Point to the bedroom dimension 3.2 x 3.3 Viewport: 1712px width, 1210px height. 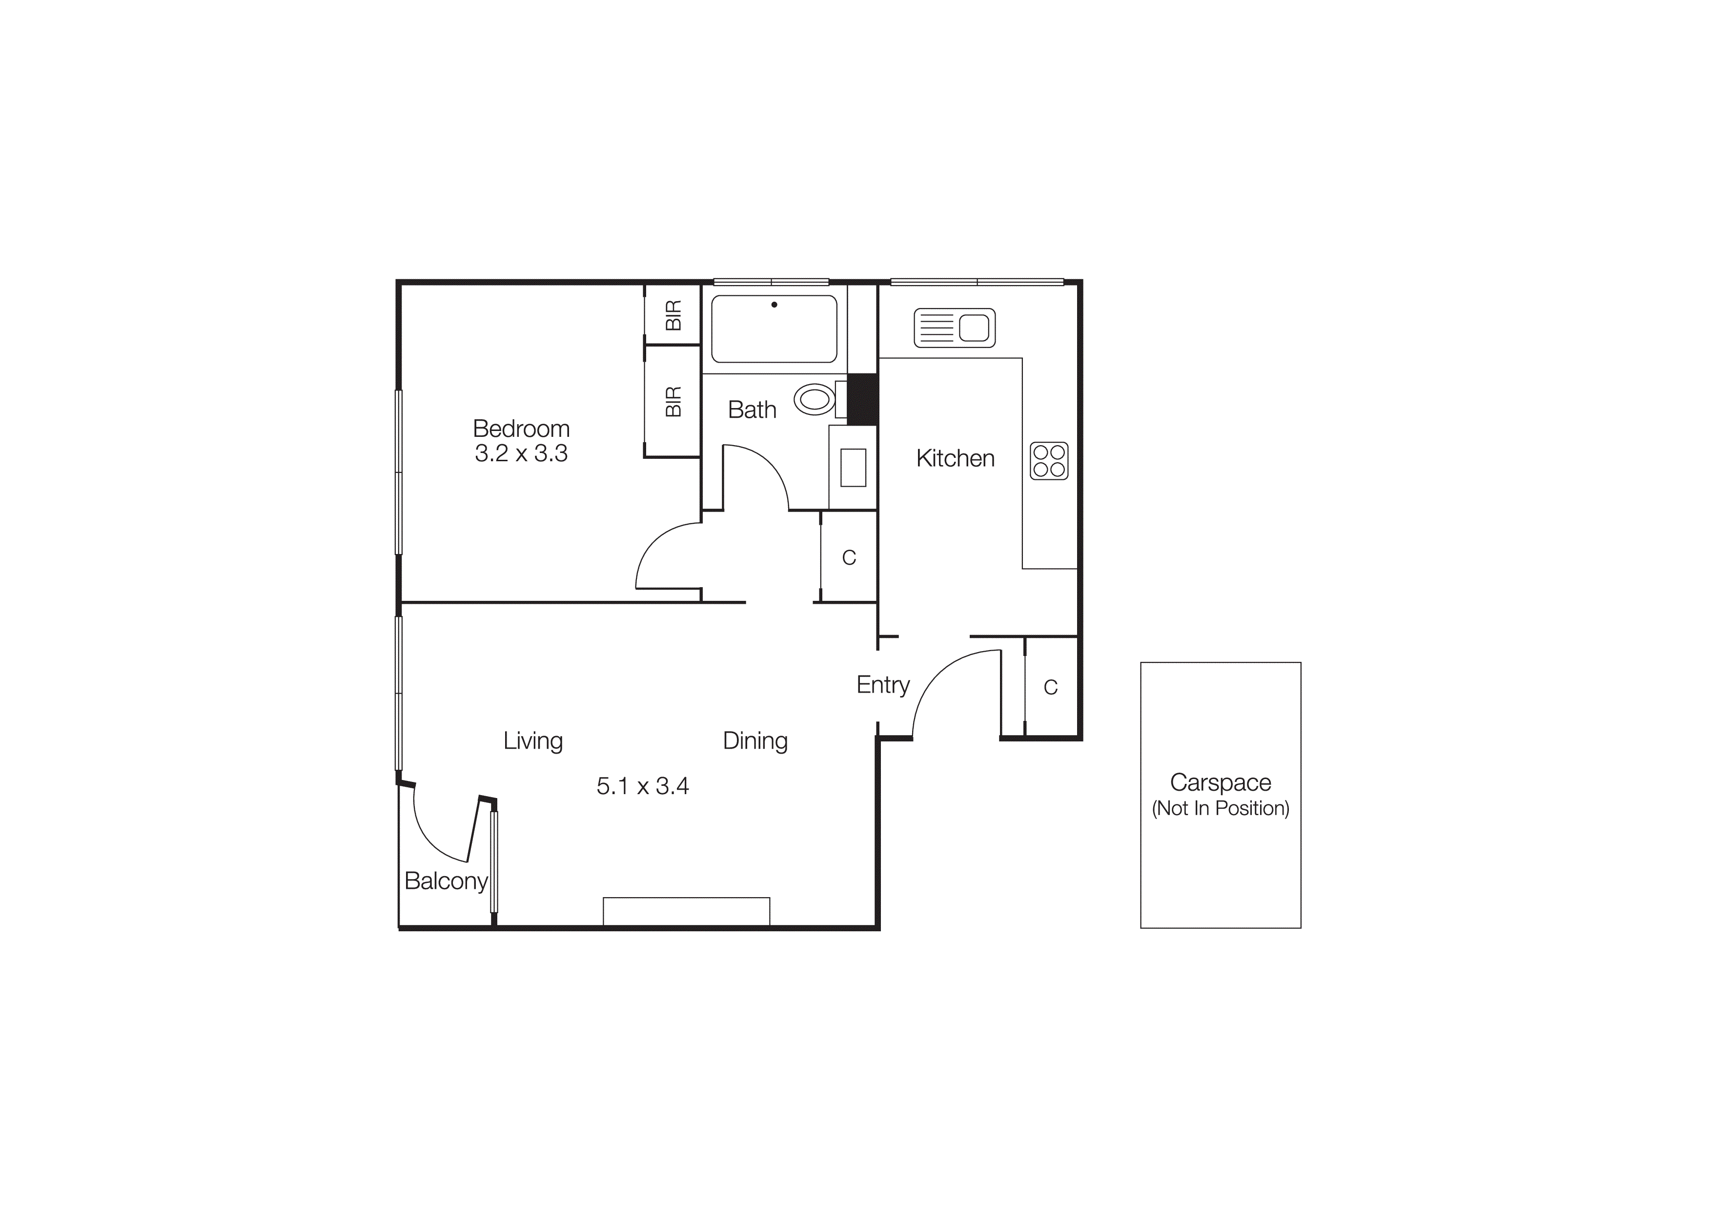point(521,453)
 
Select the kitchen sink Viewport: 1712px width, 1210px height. point(955,328)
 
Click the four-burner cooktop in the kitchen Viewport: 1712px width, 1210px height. point(1049,461)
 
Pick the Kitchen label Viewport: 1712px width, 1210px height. point(955,458)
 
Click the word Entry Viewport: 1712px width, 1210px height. point(883,684)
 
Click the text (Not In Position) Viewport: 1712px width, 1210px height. point(1221,808)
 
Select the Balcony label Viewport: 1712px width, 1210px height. point(446,881)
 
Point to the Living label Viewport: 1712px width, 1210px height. point(532,741)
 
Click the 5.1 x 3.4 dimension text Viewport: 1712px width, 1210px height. point(643,786)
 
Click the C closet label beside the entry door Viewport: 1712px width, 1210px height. point(1051,687)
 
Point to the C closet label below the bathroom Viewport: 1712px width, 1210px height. point(849,558)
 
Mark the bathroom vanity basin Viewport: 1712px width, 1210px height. point(853,468)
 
